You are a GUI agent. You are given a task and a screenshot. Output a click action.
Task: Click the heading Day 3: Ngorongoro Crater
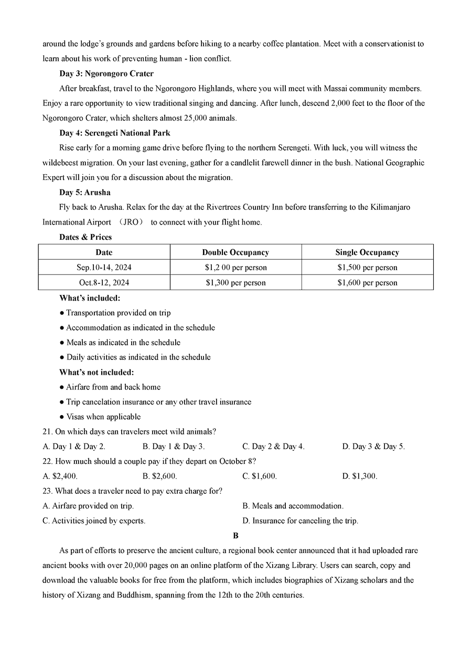[x=106, y=73]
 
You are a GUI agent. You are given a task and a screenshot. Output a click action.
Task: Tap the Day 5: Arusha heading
[x=85, y=193]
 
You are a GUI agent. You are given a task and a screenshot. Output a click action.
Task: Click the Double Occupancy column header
[x=235, y=252]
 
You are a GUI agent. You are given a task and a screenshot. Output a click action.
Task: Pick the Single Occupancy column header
[x=367, y=252]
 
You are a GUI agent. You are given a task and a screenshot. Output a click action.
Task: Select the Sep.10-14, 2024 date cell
[x=104, y=268]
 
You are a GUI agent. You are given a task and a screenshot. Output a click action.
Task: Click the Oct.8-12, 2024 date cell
[x=104, y=283]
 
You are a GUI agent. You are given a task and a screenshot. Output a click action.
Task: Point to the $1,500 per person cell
[x=367, y=268]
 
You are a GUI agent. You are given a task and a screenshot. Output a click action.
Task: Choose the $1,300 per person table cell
[x=235, y=283]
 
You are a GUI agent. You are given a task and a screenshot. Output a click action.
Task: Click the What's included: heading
[x=90, y=298]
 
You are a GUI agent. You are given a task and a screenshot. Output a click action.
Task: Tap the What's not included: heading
[x=96, y=372]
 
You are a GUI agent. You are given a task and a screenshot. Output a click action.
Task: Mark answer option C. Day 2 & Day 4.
[x=273, y=447]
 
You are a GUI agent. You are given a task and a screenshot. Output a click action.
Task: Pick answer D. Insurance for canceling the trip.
[x=300, y=521]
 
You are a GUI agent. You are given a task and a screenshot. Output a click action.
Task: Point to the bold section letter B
[x=235, y=536]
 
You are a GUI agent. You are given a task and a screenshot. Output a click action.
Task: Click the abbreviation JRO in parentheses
[x=131, y=222]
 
